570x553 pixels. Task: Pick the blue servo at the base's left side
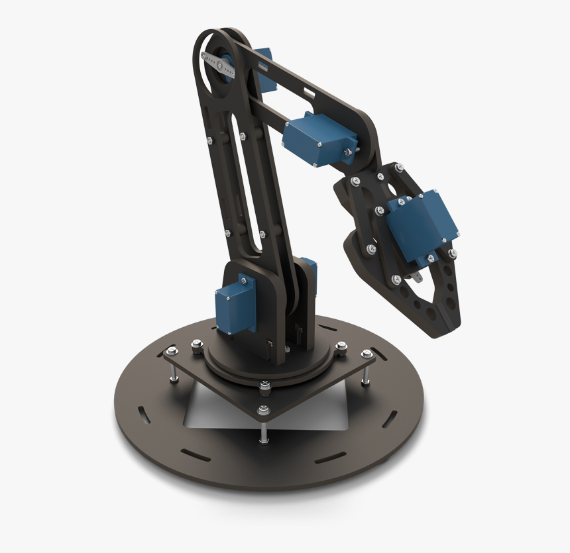[233, 307]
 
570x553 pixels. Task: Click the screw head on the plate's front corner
[264, 410]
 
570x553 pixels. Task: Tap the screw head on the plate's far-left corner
[172, 351]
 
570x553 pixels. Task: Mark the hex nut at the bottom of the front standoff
[264, 438]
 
